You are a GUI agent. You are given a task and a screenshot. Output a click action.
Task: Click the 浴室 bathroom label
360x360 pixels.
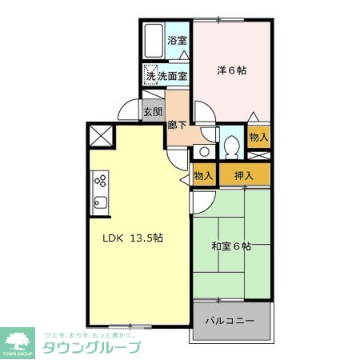pyautogui.click(x=177, y=41)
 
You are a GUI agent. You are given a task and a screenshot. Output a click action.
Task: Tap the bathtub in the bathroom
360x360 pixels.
pyautogui.click(x=154, y=41)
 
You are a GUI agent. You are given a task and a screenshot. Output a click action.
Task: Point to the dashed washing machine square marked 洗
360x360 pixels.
pyautogui.click(x=150, y=76)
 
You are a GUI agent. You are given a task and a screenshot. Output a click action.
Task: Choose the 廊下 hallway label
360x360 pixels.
pyautogui.click(x=178, y=124)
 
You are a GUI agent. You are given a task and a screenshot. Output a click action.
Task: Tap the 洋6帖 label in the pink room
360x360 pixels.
pyautogui.click(x=231, y=70)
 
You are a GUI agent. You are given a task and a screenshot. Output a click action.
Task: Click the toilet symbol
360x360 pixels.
pyautogui.click(x=231, y=147)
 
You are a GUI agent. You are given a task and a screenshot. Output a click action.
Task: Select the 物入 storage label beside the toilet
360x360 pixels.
pyautogui.click(x=258, y=137)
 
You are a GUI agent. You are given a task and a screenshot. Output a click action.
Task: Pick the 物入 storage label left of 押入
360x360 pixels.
pyautogui.click(x=204, y=175)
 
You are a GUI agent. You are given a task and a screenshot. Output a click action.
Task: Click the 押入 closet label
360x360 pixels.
pyautogui.click(x=245, y=175)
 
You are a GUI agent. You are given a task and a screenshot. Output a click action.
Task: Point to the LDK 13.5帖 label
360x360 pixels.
pyautogui.click(x=133, y=237)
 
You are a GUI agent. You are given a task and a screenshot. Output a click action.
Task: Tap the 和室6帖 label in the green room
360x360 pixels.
pyautogui.click(x=232, y=246)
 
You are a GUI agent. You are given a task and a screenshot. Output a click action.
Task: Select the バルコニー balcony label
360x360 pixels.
pyautogui.click(x=230, y=320)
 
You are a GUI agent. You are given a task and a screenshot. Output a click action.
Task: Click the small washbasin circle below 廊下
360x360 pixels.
pyautogui.click(x=205, y=150)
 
